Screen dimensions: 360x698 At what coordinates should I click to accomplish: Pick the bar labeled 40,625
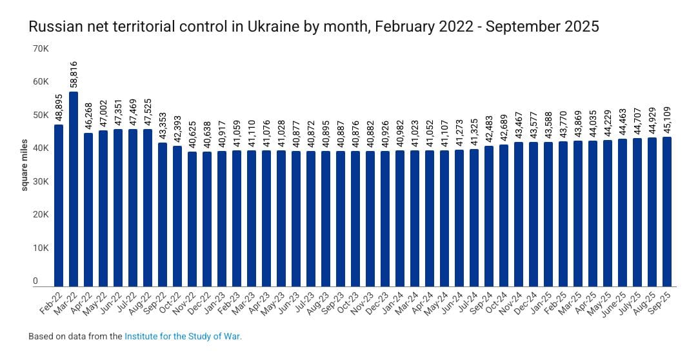[x=192, y=219]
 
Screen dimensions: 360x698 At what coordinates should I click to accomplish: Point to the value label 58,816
[x=74, y=75]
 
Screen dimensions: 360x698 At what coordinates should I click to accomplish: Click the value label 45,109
[x=666, y=120]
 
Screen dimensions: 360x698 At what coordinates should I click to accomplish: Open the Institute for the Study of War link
[x=183, y=337]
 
